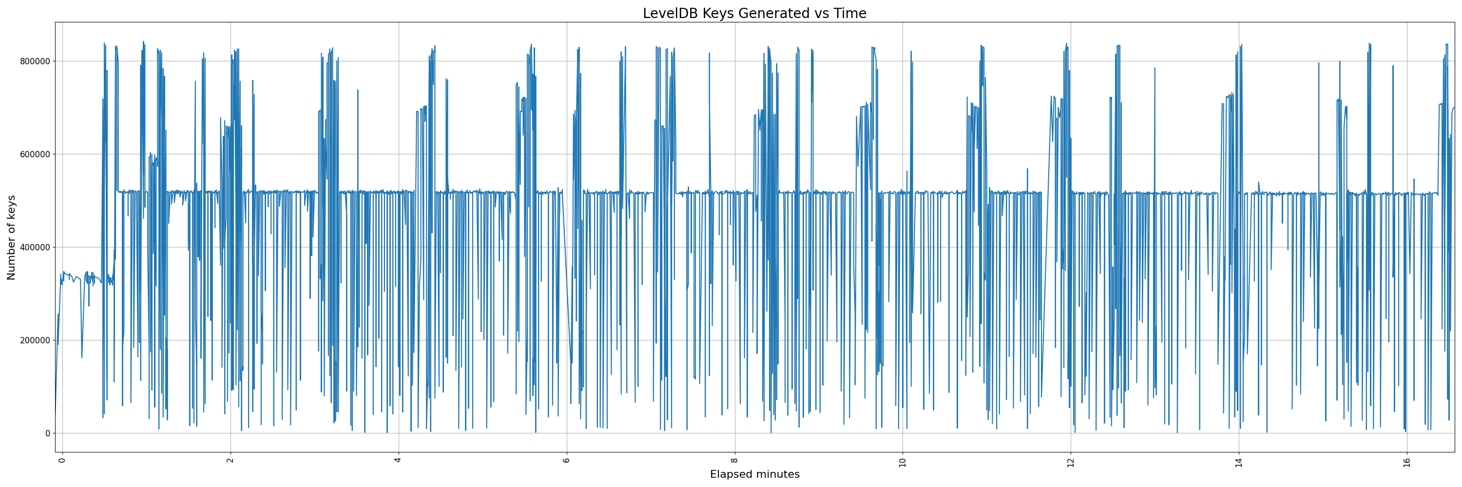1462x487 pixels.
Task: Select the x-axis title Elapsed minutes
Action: pyautogui.click(x=754, y=474)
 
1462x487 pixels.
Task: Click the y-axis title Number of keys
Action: pyautogui.click(x=11, y=238)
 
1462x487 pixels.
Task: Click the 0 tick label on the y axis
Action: pyautogui.click(x=47, y=433)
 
